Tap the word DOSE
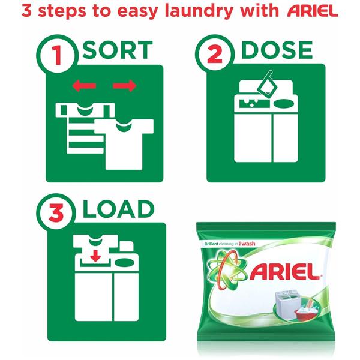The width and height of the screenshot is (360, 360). pyautogui.click(x=277, y=50)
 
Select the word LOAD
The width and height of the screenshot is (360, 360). pyautogui.click(x=118, y=209)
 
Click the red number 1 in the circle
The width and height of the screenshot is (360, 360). pyautogui.click(x=56, y=55)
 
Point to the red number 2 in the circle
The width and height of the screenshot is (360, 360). pyautogui.click(x=215, y=55)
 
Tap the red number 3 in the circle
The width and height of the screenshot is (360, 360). pyautogui.click(x=56, y=213)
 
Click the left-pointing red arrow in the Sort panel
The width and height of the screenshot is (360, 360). pyautogui.click(x=84, y=86)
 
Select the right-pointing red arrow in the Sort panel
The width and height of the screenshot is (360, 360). pyautogui.click(x=125, y=86)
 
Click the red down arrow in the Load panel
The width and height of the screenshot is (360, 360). pyautogui.click(x=95, y=256)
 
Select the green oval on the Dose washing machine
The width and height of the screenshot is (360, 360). pyautogui.click(x=284, y=104)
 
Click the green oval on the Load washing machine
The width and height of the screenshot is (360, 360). pyautogui.click(x=124, y=262)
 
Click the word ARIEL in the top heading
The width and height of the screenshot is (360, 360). pyautogui.click(x=313, y=11)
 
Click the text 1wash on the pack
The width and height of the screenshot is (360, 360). pyautogui.click(x=247, y=244)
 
